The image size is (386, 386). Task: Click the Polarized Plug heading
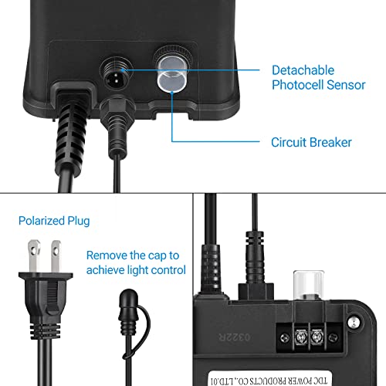click(54, 221)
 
